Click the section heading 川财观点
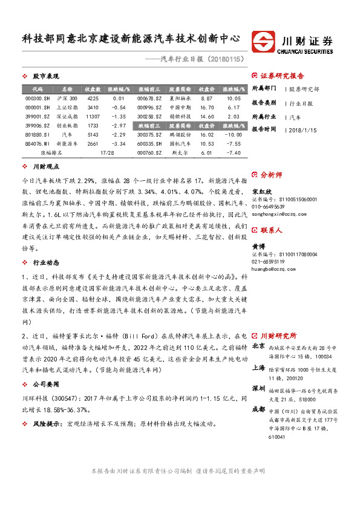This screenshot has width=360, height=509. [x=46, y=166]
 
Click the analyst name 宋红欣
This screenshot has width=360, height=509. [x=261, y=192]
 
